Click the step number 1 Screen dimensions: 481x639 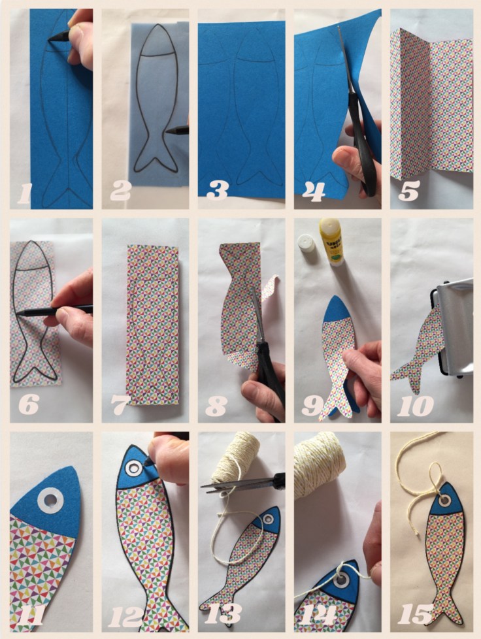click(24, 193)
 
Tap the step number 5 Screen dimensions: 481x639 click(408, 190)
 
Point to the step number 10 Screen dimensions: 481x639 click(415, 406)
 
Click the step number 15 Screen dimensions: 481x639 click(416, 614)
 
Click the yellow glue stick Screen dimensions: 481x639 click(331, 241)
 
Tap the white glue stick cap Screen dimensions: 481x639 click(306, 243)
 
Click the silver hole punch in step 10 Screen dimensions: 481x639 click(454, 329)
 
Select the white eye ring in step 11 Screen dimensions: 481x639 click(50, 500)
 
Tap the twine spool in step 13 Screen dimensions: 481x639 click(235, 457)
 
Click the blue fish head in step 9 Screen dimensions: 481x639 click(337, 308)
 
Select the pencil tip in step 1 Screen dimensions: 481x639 click(49, 39)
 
